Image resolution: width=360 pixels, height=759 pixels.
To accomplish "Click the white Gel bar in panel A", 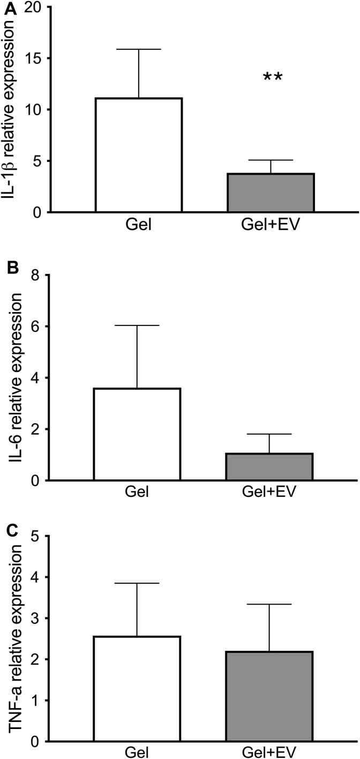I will pos(139,155).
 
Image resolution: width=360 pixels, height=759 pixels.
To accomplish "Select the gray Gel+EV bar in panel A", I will pos(271,193).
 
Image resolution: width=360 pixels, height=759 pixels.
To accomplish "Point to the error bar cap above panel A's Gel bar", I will pos(139,49).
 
